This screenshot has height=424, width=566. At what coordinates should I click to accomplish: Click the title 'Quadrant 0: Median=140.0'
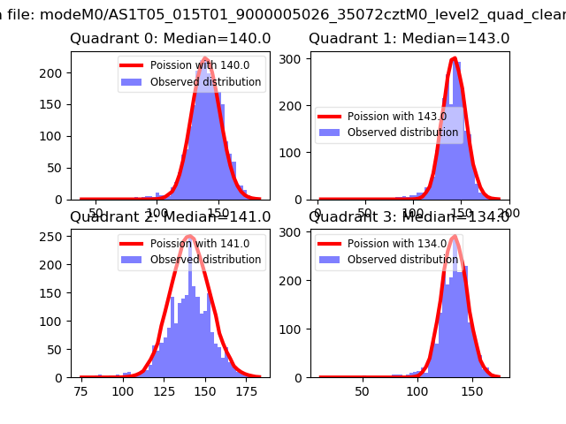coord(171,39)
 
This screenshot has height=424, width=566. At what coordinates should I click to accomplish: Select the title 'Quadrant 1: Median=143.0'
coord(409,39)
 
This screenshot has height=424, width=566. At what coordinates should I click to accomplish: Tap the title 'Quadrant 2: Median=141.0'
coord(171,217)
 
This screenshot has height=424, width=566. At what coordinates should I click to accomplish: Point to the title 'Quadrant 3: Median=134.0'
coord(409,217)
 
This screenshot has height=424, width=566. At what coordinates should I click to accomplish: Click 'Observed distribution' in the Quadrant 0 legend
coord(205,82)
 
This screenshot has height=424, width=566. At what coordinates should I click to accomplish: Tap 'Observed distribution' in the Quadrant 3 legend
coord(402,260)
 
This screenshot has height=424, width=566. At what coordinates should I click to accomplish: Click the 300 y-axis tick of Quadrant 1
coord(295,58)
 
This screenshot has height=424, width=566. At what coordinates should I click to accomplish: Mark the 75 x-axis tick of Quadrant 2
coord(81,391)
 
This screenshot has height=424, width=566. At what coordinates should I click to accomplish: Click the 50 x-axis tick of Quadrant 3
coord(362,391)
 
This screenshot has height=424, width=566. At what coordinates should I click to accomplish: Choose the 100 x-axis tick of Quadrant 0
coord(157,214)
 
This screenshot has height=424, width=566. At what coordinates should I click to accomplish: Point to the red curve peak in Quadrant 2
coord(188,236)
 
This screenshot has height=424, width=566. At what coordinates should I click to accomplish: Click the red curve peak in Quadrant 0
coord(205,59)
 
